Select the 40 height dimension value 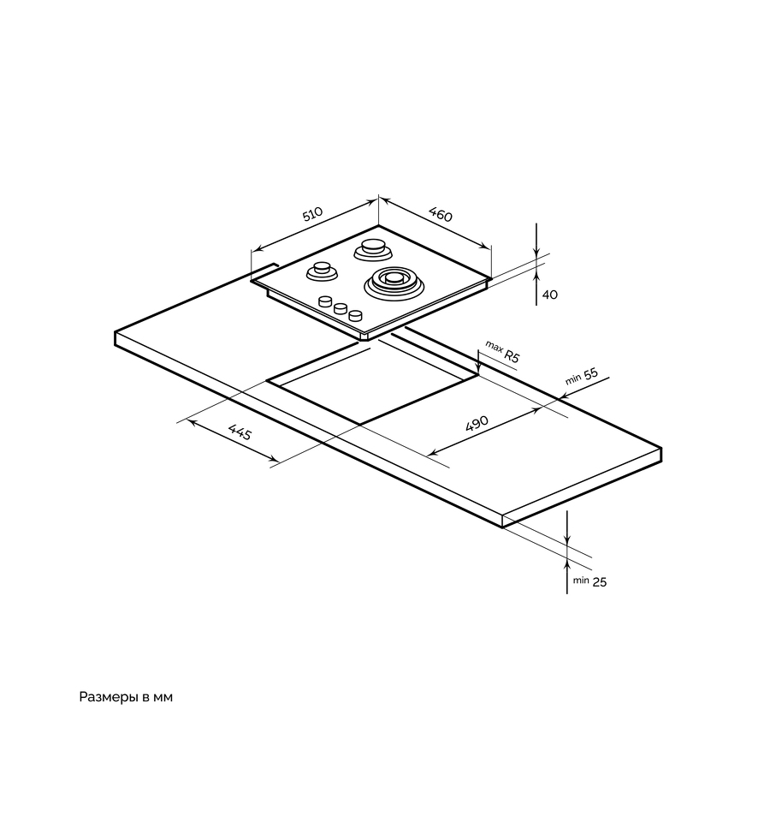[549, 295]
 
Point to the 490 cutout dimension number [476, 423]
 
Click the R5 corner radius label [512, 357]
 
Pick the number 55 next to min [589, 376]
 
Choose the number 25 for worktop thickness [599, 582]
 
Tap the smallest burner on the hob [322, 270]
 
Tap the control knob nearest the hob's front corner [354, 316]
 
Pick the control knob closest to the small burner [325, 301]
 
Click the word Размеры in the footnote [110, 698]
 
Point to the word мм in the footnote [163, 698]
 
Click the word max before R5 [494, 346]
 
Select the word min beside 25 [581, 581]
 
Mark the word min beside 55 [572, 379]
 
